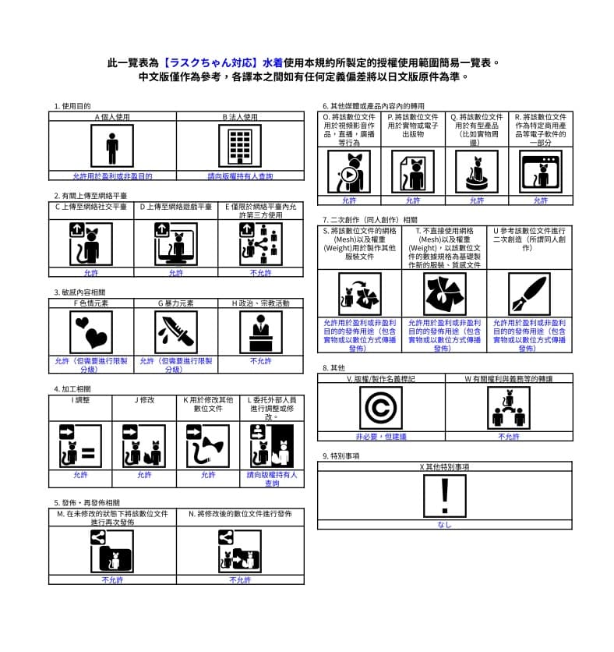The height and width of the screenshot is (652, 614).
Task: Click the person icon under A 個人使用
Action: point(112,147)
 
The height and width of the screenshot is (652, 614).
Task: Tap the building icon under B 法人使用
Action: point(240,147)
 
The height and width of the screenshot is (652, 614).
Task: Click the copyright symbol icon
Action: point(381,407)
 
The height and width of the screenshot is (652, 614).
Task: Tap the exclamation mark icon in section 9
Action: point(445,495)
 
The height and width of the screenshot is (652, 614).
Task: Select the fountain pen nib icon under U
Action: point(529,293)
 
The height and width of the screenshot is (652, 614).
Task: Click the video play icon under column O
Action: point(349,172)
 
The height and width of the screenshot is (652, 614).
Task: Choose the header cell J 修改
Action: point(145,400)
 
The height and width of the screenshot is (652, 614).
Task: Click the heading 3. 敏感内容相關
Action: point(79,292)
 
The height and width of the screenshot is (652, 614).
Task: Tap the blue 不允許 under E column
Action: point(260,273)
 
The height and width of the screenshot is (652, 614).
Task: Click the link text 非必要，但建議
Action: point(381,437)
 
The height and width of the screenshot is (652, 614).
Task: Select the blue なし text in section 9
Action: point(445,525)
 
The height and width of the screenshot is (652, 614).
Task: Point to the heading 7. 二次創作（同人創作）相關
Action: point(369,220)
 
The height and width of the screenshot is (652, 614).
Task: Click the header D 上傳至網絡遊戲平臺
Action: point(175,207)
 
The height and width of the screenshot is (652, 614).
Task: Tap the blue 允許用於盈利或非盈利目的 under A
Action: point(112,176)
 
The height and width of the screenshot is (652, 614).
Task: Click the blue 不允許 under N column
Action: point(240,580)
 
